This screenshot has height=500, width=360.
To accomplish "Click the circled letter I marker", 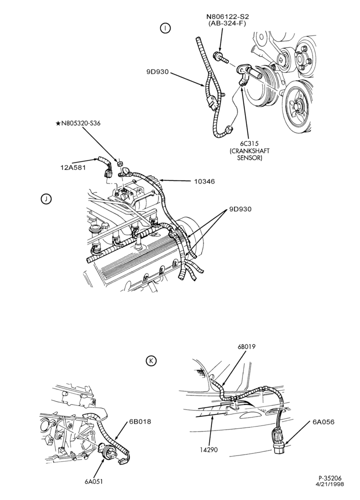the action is click(x=165, y=28).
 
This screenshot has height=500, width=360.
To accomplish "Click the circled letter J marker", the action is click(x=46, y=199).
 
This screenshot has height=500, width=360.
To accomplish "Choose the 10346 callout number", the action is click(x=204, y=181).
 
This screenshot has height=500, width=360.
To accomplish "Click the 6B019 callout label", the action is click(x=246, y=346).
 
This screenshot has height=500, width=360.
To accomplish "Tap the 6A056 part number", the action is click(x=323, y=422).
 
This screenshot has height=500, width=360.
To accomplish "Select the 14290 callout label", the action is click(x=209, y=450).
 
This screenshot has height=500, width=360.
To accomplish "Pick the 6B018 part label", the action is click(x=140, y=421).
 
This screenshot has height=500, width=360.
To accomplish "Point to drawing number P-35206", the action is click(x=330, y=486).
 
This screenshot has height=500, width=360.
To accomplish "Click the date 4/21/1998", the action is click(x=330, y=492).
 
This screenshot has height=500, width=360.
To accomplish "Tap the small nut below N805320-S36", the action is click(x=120, y=164).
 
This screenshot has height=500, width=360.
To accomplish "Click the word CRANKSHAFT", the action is click(x=249, y=150).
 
